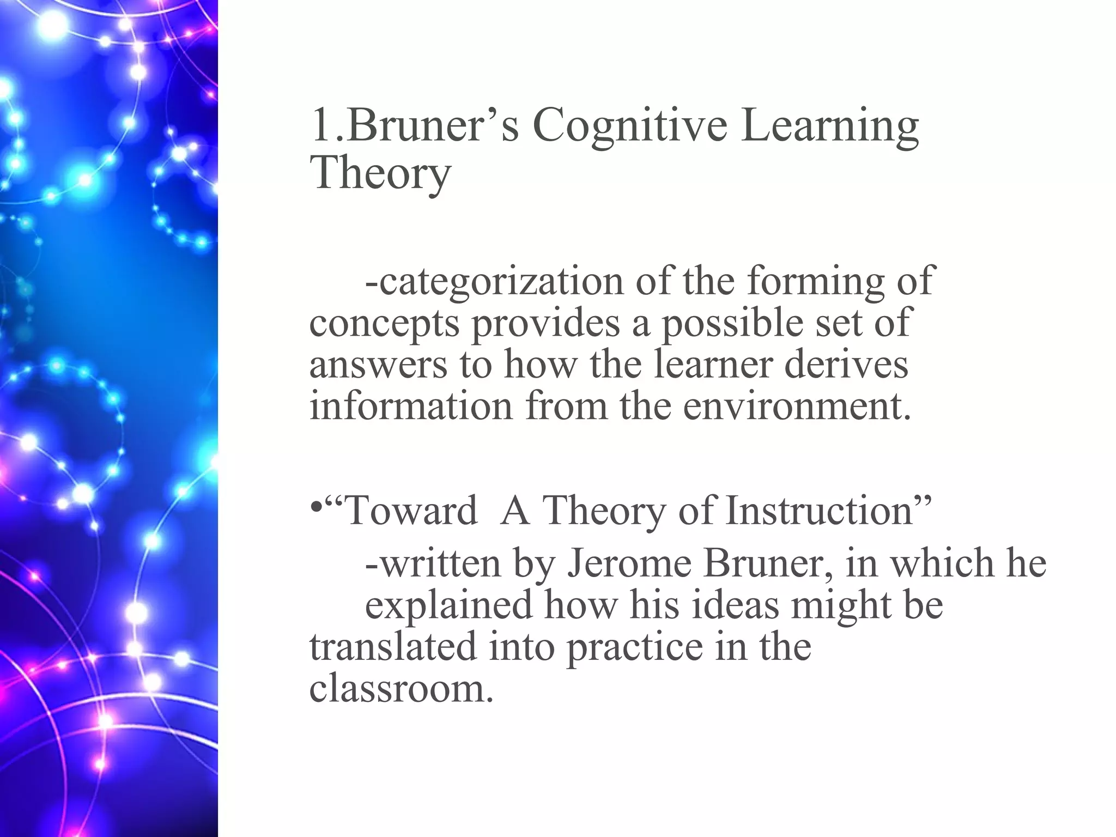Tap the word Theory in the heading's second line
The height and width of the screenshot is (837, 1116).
pos(380,173)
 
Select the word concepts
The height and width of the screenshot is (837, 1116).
pos(384,323)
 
